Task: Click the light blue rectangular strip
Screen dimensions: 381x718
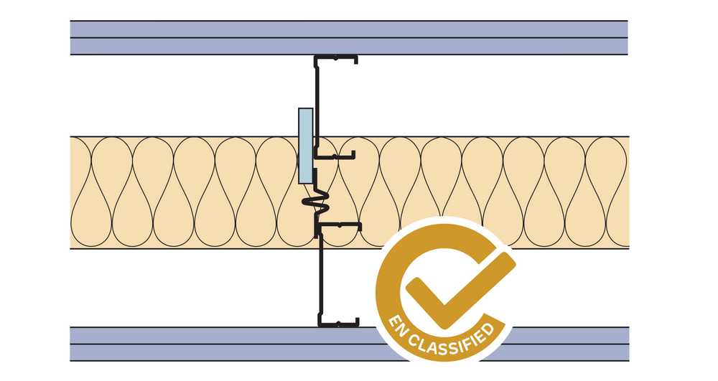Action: [x=305, y=146]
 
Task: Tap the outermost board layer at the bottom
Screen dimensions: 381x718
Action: [x=215, y=353]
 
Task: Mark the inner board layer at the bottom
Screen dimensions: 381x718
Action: [x=215, y=336]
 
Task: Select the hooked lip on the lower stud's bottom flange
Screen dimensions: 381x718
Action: [x=355, y=320]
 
